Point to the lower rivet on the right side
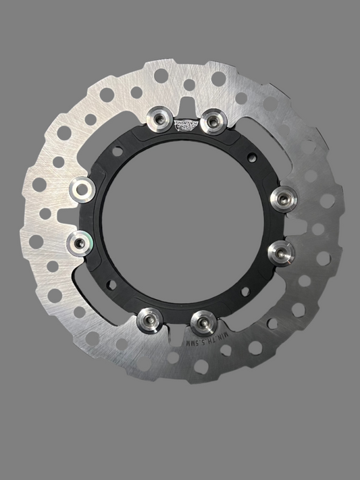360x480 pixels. tap(279, 251)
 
